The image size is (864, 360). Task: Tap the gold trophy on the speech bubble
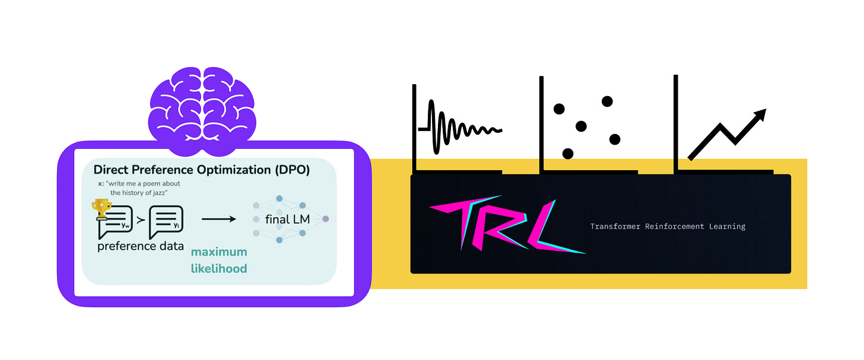[102, 208]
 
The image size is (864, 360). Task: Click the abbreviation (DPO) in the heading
[291, 170]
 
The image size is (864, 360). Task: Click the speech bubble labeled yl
[167, 219]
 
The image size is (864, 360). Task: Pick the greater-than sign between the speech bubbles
[141, 221]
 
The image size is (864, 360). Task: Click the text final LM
[288, 220]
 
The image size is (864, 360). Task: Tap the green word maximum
[218, 253]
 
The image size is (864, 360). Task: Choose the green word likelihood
[218, 269]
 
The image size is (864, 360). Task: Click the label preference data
[140, 246]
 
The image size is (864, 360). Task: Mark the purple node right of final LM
[325, 219]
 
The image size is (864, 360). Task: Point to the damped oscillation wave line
[460, 128]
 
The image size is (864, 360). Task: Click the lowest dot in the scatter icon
[568, 154]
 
